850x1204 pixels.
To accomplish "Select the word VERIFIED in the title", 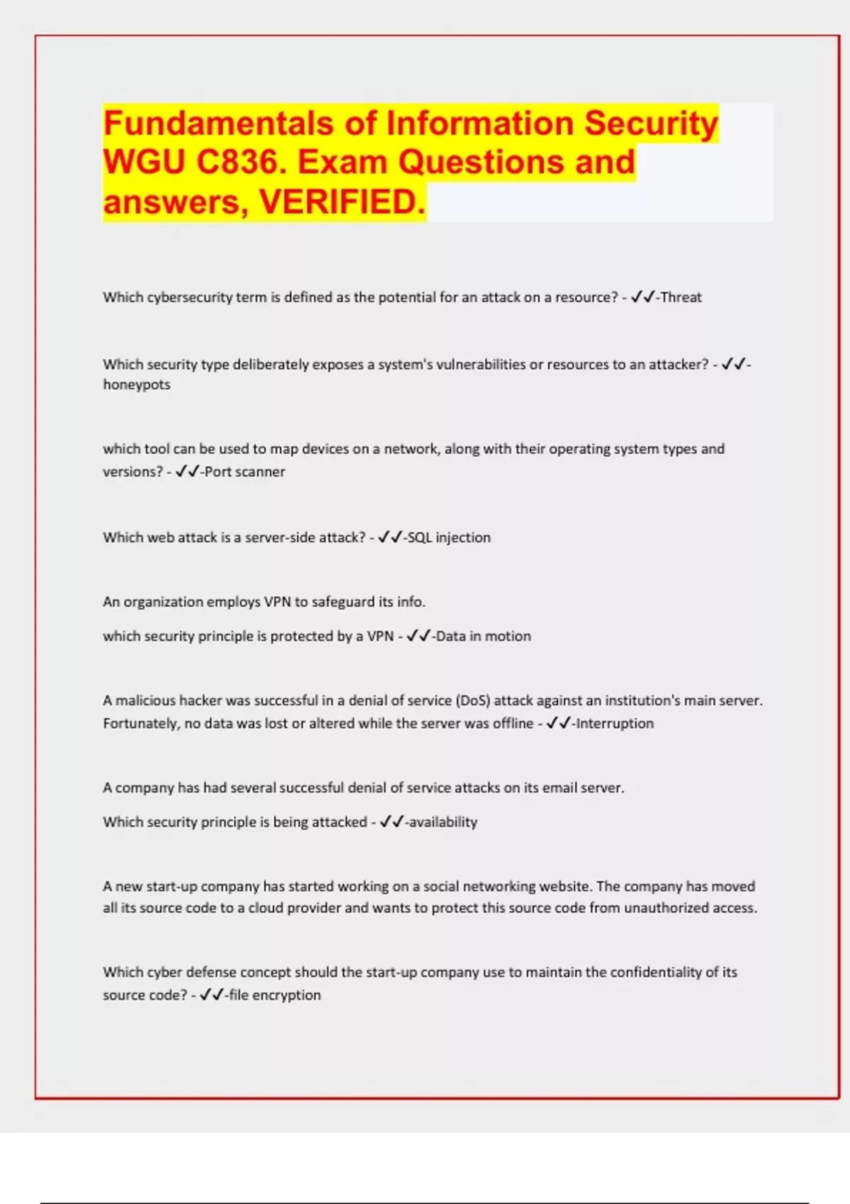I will coord(342,202).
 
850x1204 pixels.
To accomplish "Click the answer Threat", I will coord(681,297).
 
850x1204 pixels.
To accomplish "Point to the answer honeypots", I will coord(137,385).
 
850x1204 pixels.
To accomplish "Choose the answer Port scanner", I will coord(244,472).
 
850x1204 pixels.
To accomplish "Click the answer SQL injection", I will coord(449,538).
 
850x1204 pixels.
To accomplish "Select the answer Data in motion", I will coord(483,636).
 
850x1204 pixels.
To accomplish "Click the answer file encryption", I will coord(275,995).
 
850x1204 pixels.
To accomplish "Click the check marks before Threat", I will coord(642,297).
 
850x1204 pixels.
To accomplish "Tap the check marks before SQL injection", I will coord(390,538).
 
